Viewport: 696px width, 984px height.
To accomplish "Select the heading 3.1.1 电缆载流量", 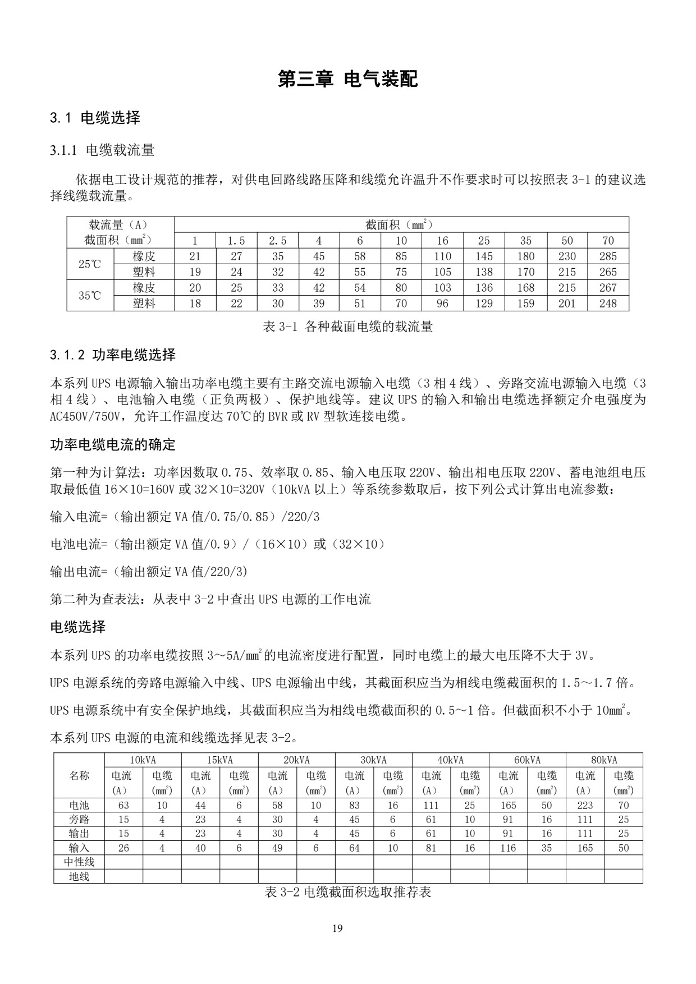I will [x=102, y=150].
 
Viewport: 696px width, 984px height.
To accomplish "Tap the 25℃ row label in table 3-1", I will [x=90, y=264].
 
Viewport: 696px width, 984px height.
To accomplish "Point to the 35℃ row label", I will [x=90, y=296].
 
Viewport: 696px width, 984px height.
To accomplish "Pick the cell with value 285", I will [x=608, y=256].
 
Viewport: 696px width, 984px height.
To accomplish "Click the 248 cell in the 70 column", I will [x=608, y=304].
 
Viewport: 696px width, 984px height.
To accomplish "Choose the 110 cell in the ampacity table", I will [x=442, y=256].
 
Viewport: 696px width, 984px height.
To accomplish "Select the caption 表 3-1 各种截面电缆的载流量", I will [x=347, y=327].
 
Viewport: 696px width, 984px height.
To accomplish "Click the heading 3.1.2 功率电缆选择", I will [x=113, y=355].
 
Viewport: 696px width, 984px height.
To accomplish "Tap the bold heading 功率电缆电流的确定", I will [x=113, y=445].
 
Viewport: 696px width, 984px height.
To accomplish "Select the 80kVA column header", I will [x=604, y=760].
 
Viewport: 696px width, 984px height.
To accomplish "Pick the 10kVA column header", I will [x=143, y=760].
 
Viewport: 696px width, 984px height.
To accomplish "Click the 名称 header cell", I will [x=79, y=776].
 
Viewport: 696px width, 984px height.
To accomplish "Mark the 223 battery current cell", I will [x=585, y=805].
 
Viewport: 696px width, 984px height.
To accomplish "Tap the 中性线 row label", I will [x=79, y=862].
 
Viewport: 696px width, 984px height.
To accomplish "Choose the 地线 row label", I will [x=79, y=876].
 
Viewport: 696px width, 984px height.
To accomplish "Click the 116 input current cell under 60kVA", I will [x=508, y=848].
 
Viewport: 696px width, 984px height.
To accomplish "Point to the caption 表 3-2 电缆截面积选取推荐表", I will [x=347, y=891].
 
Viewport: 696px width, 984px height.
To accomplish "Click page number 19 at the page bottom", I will [x=337, y=928].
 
